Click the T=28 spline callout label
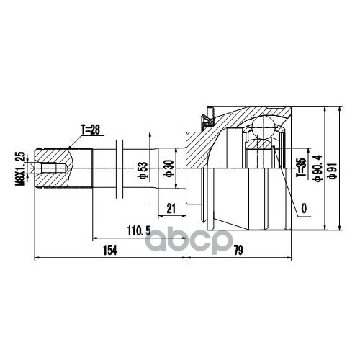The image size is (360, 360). (90, 130)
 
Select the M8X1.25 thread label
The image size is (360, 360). (20, 168)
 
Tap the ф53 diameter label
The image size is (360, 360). (142, 170)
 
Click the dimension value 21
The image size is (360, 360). (171, 208)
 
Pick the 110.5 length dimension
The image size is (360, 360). (139, 231)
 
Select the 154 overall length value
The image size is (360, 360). (110, 250)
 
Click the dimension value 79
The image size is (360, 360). (238, 250)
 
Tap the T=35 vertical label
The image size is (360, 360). (301, 167)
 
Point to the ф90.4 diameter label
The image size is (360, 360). (318, 168)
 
